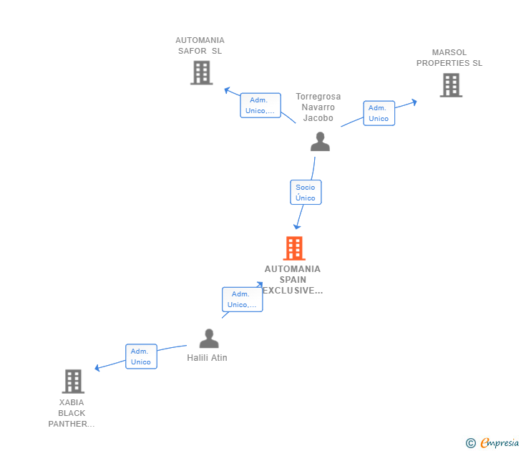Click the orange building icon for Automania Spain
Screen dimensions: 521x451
tap(294, 248)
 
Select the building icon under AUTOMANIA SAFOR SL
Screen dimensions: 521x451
tap(202, 73)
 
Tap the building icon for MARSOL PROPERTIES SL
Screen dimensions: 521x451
tap(451, 85)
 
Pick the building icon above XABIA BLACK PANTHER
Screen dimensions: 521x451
tap(73, 382)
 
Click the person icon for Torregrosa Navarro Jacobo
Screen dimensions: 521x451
tap(320, 142)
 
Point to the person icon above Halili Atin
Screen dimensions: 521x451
tap(209, 339)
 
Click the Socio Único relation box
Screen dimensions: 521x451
tap(306, 192)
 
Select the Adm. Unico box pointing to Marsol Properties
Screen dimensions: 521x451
tap(379, 113)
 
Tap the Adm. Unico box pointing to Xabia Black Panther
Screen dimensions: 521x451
tap(141, 357)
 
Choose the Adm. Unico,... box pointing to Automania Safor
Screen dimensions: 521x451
tap(260, 105)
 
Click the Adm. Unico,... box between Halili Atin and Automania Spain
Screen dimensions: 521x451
tap(242, 299)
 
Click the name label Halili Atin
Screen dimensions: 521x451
tap(207, 358)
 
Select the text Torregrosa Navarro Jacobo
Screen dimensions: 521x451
tap(318, 107)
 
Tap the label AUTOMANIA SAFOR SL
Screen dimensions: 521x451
tap(200, 46)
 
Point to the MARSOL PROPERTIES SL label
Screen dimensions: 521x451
tap(449, 57)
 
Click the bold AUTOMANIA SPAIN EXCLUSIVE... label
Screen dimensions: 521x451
tap(293, 279)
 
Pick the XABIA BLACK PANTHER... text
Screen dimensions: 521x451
tap(72, 413)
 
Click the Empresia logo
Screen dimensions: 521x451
tap(492, 442)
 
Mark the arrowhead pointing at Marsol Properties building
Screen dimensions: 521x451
tap(414, 102)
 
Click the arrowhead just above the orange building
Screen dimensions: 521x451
tap(297, 227)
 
